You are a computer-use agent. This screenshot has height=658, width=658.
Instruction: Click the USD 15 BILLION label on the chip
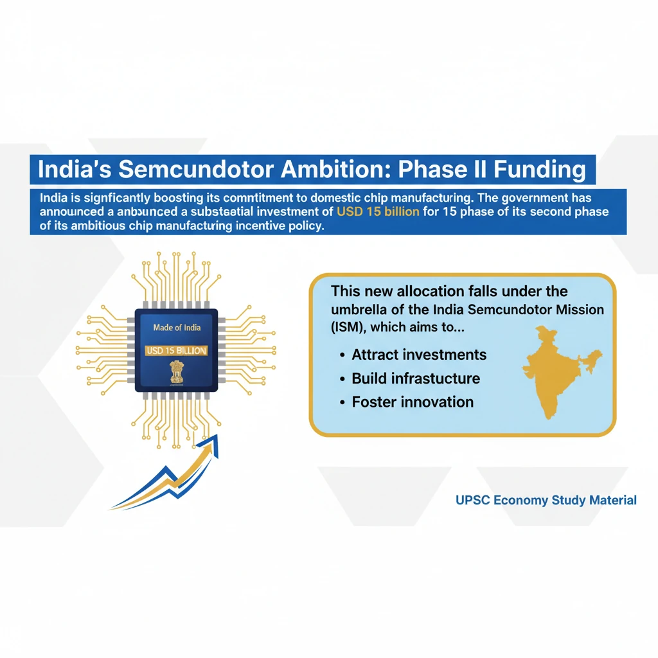(x=176, y=351)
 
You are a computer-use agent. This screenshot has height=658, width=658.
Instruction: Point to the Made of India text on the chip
(x=177, y=328)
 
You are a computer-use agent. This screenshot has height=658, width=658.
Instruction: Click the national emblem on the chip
(x=176, y=372)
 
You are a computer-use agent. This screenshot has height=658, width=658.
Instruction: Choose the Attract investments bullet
(x=419, y=355)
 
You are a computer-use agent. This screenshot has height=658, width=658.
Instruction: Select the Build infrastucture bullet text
(x=416, y=378)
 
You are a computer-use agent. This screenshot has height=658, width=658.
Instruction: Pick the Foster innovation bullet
(x=413, y=402)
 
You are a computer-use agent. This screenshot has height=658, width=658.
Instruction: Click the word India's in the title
(x=70, y=170)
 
